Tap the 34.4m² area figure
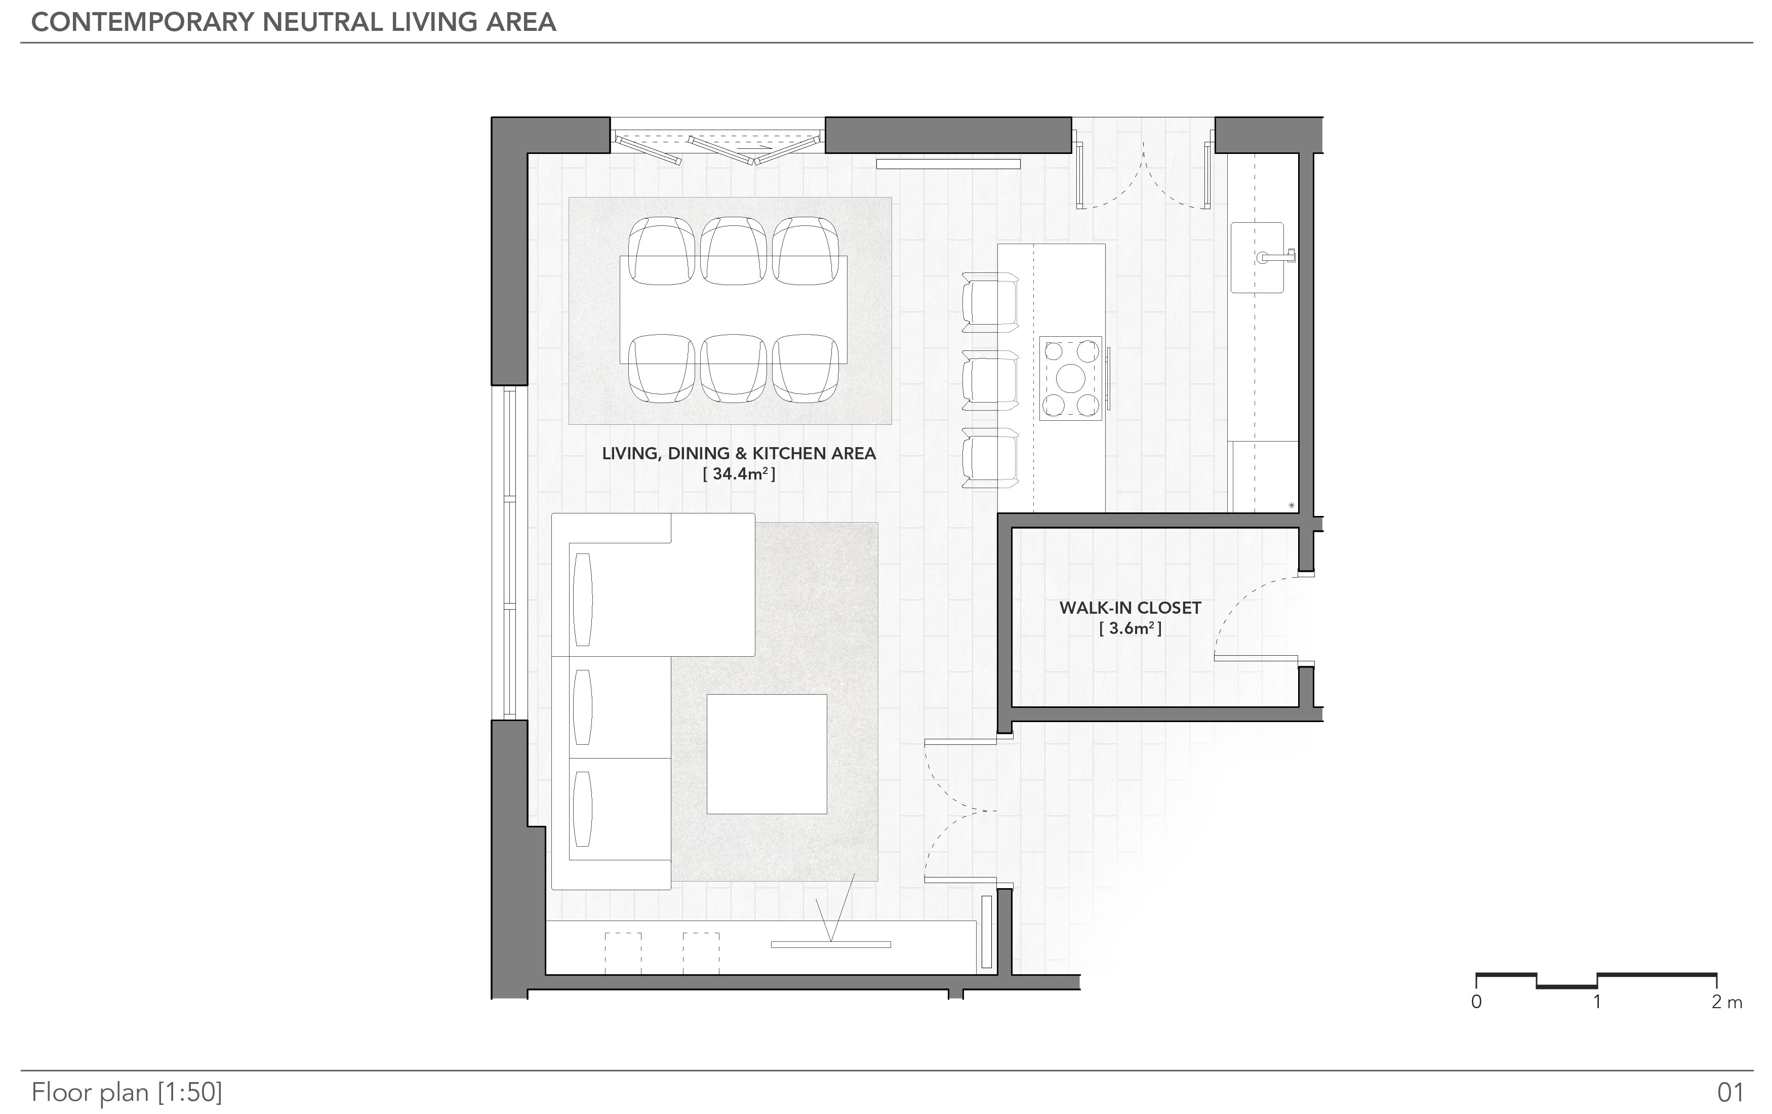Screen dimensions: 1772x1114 tap(739, 474)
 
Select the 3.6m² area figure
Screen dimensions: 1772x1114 tap(1131, 628)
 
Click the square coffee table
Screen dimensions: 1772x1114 tap(766, 753)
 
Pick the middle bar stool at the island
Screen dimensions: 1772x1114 tap(990, 380)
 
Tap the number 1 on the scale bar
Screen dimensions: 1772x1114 tap(1597, 1002)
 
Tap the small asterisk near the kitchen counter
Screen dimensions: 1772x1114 tap(1292, 505)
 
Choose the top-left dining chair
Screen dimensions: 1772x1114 tap(662, 251)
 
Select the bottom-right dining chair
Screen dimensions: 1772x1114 tap(806, 369)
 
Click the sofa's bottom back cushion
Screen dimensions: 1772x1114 tap(582, 809)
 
